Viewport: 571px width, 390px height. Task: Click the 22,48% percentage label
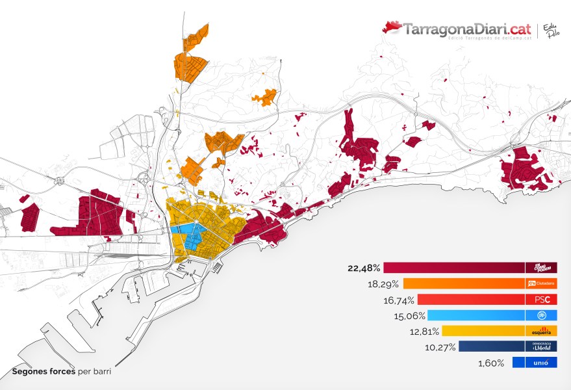pyautogui.click(x=364, y=267)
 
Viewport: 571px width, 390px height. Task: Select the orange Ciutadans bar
pyautogui.click(x=464, y=283)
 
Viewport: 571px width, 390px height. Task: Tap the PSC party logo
pyautogui.click(x=542, y=300)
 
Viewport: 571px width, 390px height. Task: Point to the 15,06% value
pyautogui.click(x=409, y=316)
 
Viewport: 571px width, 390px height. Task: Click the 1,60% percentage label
pyautogui.click(x=492, y=363)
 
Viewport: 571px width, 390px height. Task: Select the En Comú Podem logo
pyautogui.click(x=542, y=267)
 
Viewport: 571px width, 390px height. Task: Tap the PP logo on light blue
pyautogui.click(x=542, y=315)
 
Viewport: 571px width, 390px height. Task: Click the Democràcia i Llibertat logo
pyautogui.click(x=542, y=347)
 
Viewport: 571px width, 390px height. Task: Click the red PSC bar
pyautogui.click(x=471, y=300)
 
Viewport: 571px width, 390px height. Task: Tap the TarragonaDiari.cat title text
pyautogui.click(x=467, y=29)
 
